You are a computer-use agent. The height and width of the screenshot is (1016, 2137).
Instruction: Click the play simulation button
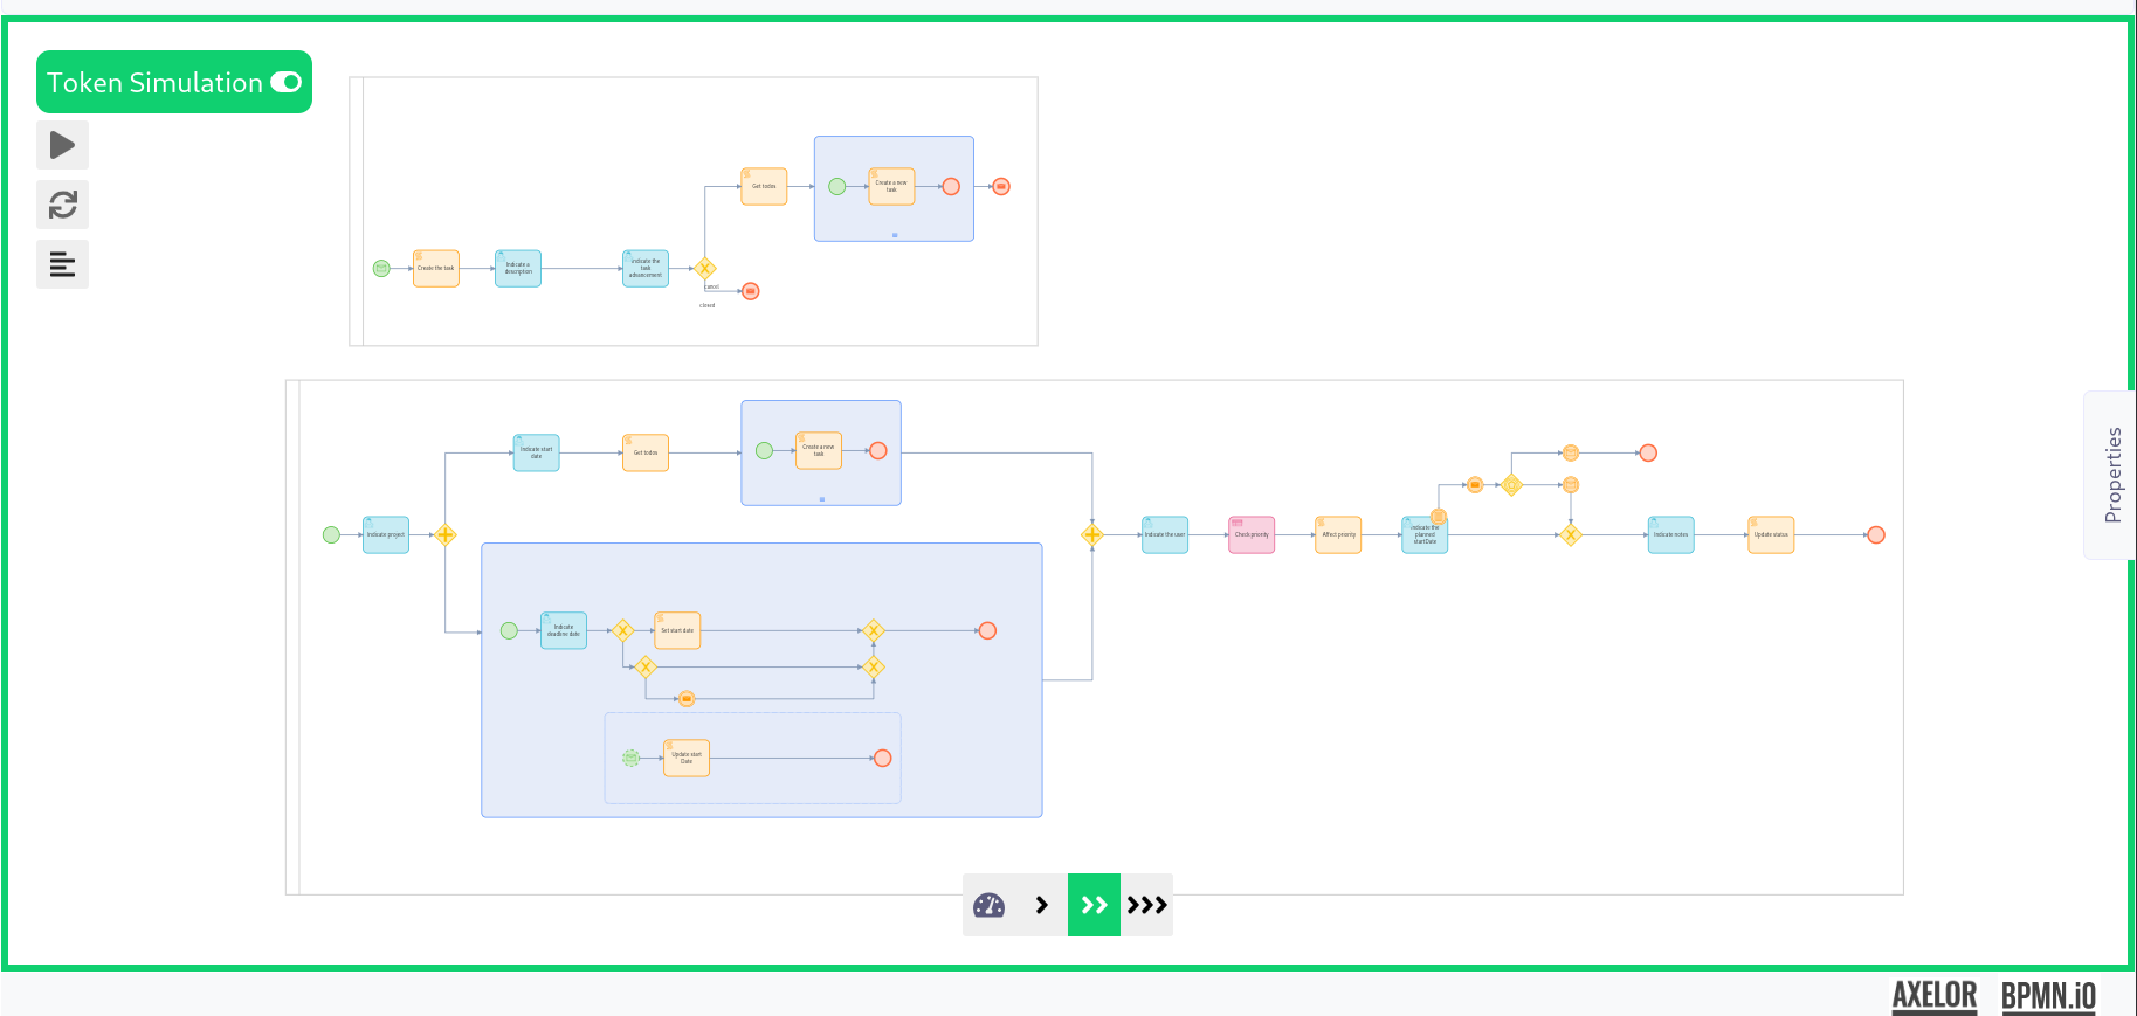(x=62, y=145)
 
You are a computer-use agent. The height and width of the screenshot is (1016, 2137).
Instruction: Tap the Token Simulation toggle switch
(x=286, y=82)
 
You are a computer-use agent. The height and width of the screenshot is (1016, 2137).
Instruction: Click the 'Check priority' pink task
(x=1251, y=535)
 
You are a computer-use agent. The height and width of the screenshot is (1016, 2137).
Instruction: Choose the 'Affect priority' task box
(x=1338, y=535)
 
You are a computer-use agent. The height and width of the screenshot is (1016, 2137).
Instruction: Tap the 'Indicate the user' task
(x=1165, y=535)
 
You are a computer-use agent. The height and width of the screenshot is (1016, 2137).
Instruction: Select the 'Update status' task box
(x=1770, y=535)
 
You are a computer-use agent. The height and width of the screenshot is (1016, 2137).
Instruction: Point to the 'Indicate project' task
(x=386, y=535)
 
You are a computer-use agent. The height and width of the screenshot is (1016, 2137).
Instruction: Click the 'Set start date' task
(x=677, y=630)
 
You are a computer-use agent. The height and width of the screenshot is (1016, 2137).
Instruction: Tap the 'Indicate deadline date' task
(x=563, y=630)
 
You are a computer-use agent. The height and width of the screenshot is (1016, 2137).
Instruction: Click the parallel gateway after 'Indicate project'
(x=446, y=535)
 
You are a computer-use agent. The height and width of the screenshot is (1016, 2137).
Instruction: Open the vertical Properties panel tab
(x=2111, y=475)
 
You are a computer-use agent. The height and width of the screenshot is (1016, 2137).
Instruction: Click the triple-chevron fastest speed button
(x=1146, y=905)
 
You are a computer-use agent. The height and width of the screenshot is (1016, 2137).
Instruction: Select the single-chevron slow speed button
(x=1041, y=905)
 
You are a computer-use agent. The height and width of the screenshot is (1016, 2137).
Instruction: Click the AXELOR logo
(x=1933, y=994)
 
